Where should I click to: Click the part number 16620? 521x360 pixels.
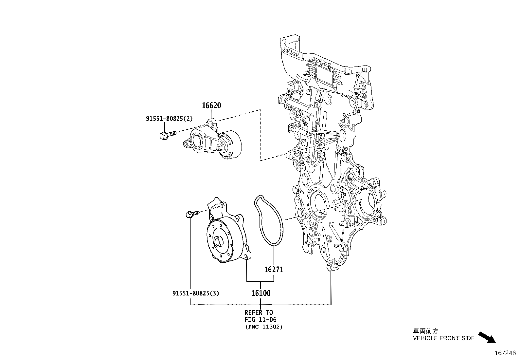[x=211, y=105]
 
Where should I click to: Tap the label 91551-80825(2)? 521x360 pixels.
[x=169, y=119]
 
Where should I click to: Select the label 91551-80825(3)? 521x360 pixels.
[x=196, y=293]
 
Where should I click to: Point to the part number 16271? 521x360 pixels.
[x=274, y=270]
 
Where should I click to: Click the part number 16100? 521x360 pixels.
[x=261, y=293]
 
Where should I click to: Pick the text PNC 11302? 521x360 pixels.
[x=263, y=327]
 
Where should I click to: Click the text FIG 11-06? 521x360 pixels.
[x=261, y=319]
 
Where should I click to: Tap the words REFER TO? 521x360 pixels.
[x=259, y=313]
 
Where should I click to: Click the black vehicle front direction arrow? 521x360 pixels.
[x=487, y=337]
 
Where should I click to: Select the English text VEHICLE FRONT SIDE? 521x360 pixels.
[x=443, y=338]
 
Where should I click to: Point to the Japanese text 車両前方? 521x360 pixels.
[x=425, y=331]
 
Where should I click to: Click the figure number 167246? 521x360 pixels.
[x=505, y=353]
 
